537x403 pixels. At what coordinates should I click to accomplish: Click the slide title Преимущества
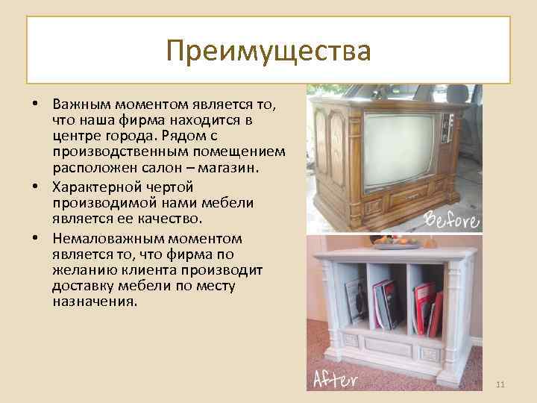[268, 51]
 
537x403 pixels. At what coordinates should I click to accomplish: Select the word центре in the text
[74, 137]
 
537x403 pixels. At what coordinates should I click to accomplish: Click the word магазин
[230, 168]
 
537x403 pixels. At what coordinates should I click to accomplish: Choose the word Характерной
[99, 186]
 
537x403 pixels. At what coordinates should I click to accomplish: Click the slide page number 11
[500, 384]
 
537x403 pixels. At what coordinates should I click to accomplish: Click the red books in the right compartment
[427, 307]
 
